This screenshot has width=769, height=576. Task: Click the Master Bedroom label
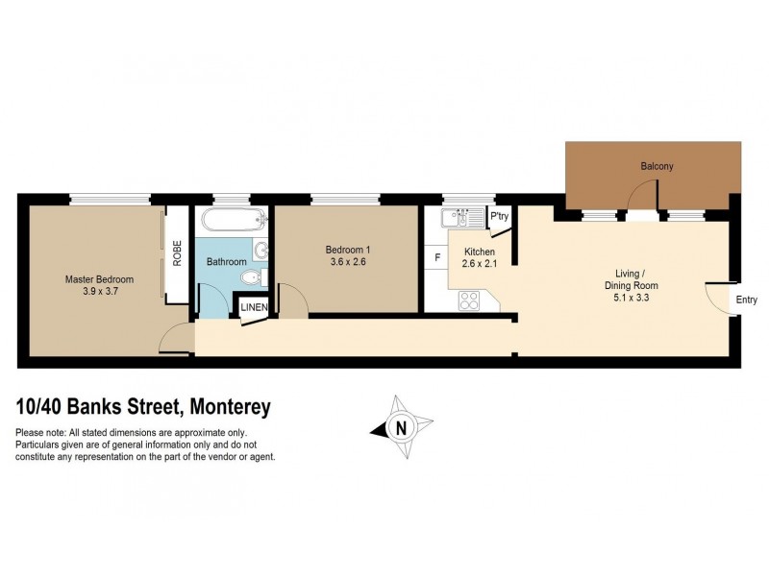[x=99, y=279]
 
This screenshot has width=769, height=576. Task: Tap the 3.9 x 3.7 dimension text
[x=99, y=292]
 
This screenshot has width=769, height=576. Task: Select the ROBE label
[x=177, y=252]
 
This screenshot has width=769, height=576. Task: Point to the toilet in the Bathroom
[x=252, y=278]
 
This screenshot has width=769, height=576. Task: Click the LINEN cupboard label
[x=255, y=307]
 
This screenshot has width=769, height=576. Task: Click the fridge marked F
[x=437, y=257]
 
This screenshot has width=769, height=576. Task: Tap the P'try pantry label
[x=500, y=218]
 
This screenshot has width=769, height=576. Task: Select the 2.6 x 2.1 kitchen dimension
[x=478, y=265]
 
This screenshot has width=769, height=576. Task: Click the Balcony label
[x=657, y=166]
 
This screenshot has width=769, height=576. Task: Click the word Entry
[x=747, y=300]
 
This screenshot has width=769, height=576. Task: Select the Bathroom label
[x=227, y=261]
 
